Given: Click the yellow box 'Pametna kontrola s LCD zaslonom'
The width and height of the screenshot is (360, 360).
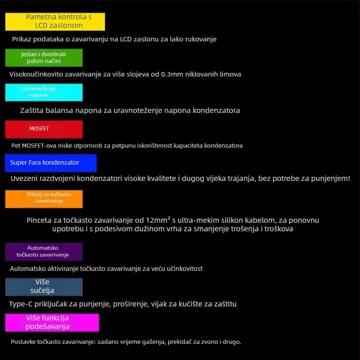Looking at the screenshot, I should (55, 22).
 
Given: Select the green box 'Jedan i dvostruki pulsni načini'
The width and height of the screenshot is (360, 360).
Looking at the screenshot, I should (44, 58).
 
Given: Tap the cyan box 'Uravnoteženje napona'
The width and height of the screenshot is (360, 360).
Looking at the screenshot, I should (44, 92).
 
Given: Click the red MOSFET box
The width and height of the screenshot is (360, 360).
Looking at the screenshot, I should (44, 129).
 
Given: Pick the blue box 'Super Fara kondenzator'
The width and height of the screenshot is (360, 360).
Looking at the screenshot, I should (51, 162).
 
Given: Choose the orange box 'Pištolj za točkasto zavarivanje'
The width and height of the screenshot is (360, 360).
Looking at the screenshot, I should (44, 199).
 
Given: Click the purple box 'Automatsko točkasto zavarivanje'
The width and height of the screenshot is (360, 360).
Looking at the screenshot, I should (44, 252).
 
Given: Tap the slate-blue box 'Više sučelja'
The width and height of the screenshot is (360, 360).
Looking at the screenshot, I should (44, 287).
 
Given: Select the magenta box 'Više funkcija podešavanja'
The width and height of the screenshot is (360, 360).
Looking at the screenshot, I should (52, 323).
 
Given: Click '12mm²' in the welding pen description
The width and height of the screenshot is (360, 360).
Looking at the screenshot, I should (158, 220).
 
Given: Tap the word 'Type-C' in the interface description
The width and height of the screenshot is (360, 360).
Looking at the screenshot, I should (20, 304).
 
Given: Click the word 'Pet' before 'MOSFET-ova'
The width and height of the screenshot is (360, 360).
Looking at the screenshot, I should (16, 146).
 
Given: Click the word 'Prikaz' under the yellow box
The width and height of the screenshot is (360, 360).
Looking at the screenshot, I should (22, 39).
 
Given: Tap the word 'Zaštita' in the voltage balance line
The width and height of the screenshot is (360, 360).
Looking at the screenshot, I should (32, 110).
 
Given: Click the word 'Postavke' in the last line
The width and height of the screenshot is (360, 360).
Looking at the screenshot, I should (23, 342).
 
